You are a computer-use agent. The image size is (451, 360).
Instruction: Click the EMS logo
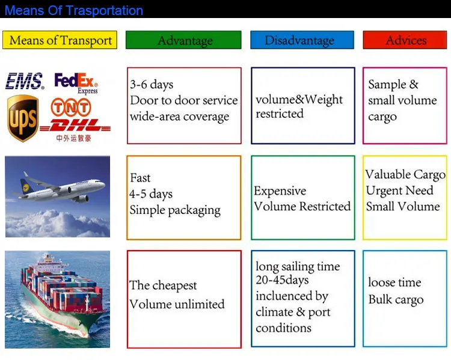[x=25, y=81]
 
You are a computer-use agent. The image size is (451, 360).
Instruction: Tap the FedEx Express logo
[x=76, y=83]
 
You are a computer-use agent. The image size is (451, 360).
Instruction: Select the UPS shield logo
[x=23, y=118]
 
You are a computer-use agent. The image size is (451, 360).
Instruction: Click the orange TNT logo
[x=71, y=108]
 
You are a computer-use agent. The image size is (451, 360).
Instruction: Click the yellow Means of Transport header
[x=60, y=40]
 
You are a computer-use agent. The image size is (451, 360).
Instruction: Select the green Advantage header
[x=183, y=40]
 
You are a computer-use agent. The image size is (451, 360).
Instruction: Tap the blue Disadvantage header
[x=302, y=40]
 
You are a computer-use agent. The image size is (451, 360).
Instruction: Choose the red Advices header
[x=405, y=40]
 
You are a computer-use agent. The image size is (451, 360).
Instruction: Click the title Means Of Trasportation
[x=74, y=10]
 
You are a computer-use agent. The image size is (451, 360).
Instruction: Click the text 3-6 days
[x=152, y=85]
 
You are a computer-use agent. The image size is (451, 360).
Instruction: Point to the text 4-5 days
[x=151, y=194]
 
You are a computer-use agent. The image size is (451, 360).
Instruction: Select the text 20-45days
[x=282, y=280]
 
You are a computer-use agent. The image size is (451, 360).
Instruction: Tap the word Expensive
[x=280, y=191]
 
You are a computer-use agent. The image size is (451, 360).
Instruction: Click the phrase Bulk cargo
[x=396, y=300]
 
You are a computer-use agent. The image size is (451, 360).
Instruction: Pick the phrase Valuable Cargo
[x=405, y=174]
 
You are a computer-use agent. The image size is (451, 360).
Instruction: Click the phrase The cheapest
[x=163, y=285]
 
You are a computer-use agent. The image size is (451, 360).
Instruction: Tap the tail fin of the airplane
[x=26, y=186]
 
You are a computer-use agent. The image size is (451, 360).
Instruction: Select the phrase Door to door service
[x=184, y=100]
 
